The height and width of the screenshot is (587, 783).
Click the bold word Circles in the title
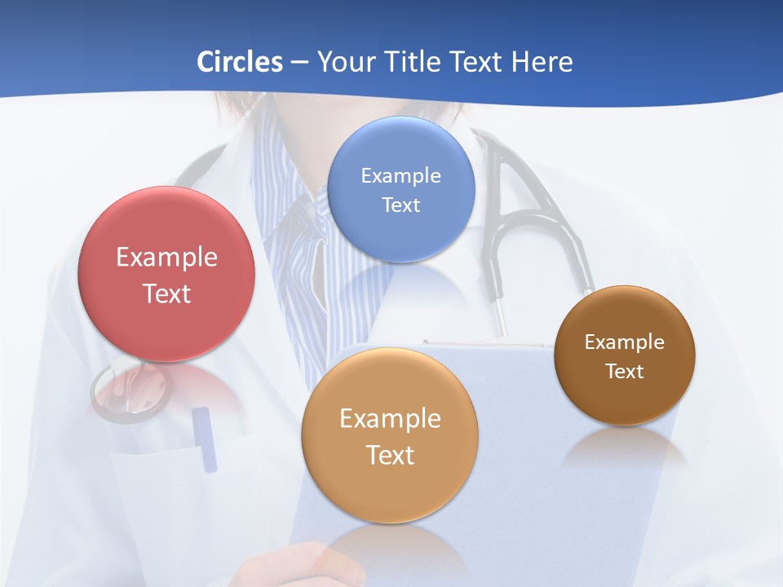coord(239,62)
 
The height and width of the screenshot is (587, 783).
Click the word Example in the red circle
coord(166,258)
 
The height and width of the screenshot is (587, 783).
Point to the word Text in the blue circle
coord(401,205)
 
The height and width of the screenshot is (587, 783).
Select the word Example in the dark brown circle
coord(625,342)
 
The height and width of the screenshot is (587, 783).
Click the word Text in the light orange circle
coord(390,455)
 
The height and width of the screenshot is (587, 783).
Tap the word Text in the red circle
coord(166,293)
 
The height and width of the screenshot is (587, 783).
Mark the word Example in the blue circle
coord(401,175)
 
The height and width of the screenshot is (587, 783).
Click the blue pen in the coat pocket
coord(205,439)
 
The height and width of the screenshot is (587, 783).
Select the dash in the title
coord(299,63)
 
